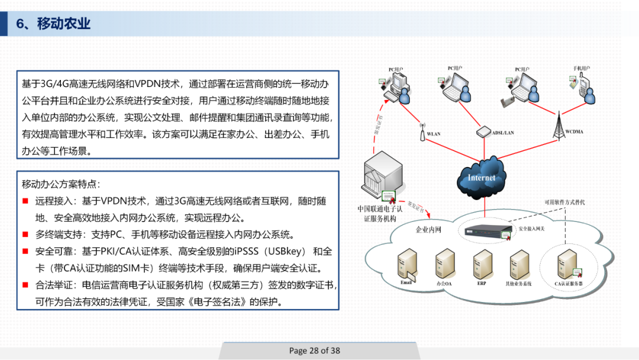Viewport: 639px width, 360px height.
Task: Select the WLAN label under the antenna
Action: [434, 134]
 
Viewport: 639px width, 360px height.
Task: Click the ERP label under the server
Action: [482, 284]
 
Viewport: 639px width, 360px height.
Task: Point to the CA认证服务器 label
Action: [569, 284]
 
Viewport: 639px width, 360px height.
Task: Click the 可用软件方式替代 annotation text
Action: [564, 202]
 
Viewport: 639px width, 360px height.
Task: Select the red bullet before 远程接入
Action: [25, 201]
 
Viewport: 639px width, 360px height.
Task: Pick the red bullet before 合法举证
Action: [25, 285]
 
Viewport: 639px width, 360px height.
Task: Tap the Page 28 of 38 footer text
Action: [315, 351]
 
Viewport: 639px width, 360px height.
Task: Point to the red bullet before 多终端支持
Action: [25, 234]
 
